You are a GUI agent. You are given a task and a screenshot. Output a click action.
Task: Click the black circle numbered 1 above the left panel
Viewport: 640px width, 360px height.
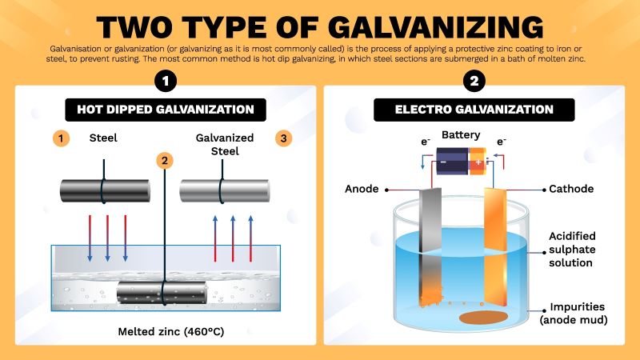click(166, 81)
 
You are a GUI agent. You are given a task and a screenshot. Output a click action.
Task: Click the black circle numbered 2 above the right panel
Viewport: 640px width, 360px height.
click(474, 81)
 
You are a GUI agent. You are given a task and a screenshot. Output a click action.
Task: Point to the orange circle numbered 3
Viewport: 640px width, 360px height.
click(283, 138)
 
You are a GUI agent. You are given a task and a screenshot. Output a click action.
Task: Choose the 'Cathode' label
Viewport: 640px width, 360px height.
click(571, 190)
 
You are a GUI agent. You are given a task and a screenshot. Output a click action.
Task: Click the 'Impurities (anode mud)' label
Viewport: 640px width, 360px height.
click(574, 314)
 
